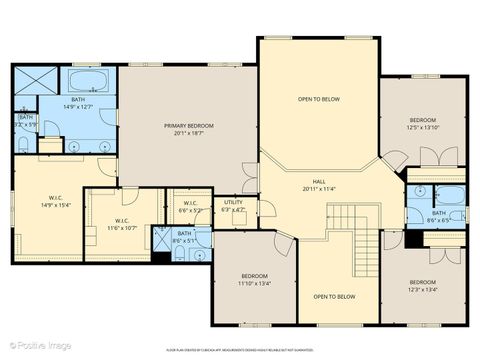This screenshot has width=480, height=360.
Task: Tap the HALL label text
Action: pyautogui.click(x=319, y=181)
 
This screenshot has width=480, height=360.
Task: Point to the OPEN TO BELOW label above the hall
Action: pyautogui.click(x=318, y=100)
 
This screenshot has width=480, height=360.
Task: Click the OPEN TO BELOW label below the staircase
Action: pyautogui.click(x=334, y=297)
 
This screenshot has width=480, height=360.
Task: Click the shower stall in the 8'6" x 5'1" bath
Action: pyautogui.click(x=162, y=241)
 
